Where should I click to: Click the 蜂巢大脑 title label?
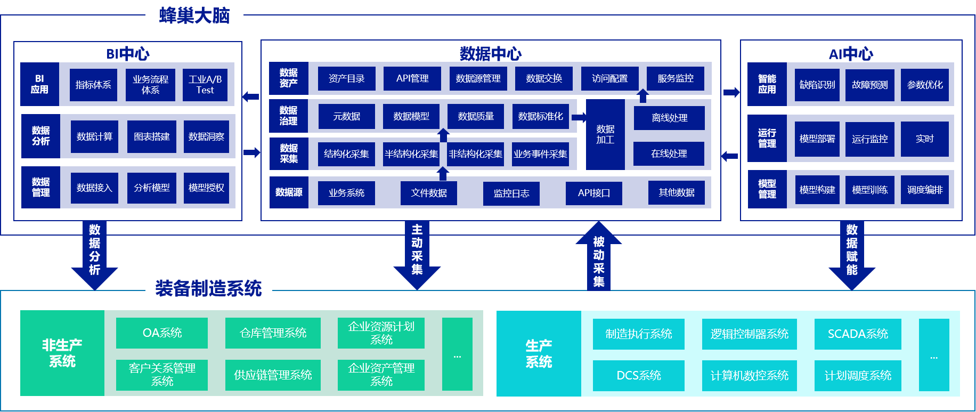pyautogui.click(x=194, y=15)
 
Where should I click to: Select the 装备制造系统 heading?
pyautogui.click(x=208, y=288)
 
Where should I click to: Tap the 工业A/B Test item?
pyautogui.click(x=205, y=85)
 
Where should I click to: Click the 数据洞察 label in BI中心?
pyautogui.click(x=206, y=137)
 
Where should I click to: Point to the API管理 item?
pyautogui.click(x=412, y=78)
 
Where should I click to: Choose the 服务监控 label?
pyautogui.click(x=676, y=78)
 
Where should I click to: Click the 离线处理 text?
pyautogui.click(x=670, y=118)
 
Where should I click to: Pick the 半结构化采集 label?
pyautogui.click(x=411, y=154)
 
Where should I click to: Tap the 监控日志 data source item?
pyautogui.click(x=511, y=193)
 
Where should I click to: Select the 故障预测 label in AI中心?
pyautogui.click(x=870, y=85)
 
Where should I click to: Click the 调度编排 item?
pyautogui.click(x=925, y=190)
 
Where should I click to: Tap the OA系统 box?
pyautogui.click(x=162, y=333)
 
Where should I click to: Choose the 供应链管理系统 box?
pyautogui.click(x=273, y=375)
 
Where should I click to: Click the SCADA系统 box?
pyautogui.click(x=858, y=334)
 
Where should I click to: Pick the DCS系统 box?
pyautogui.click(x=639, y=376)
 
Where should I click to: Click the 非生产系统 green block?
pyautogui.click(x=62, y=353)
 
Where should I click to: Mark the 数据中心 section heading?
pyautogui.click(x=491, y=53)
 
